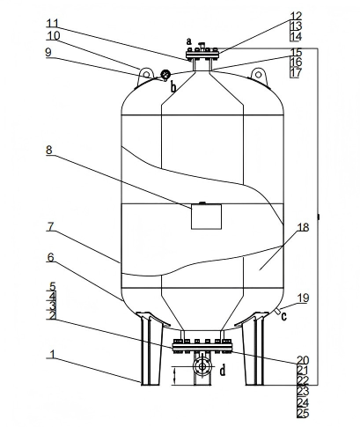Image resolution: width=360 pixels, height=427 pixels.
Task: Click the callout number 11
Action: click(x=53, y=23)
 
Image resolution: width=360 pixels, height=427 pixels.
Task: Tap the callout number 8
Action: click(x=49, y=150)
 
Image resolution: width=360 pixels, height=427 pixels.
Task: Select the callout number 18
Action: click(x=303, y=227)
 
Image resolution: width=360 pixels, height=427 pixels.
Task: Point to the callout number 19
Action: click(x=303, y=298)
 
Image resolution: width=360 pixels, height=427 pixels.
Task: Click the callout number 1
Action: click(x=53, y=354)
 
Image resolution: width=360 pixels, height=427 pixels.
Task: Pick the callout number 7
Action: click(x=50, y=226)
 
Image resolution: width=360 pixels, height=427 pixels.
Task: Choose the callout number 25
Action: click(x=303, y=413)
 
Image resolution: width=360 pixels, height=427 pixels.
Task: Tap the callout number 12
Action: click(x=296, y=16)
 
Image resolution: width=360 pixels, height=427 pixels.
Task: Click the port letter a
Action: click(x=189, y=40)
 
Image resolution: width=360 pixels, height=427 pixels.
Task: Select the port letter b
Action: click(x=173, y=87)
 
